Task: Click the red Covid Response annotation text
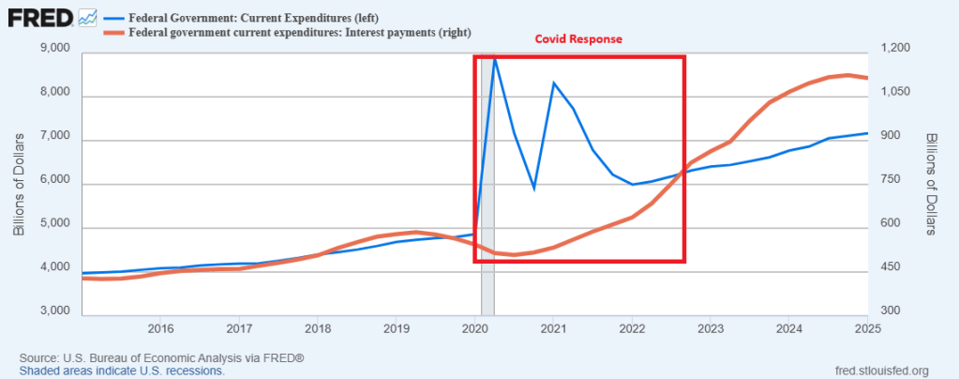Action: (578, 40)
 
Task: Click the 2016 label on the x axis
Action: (160, 328)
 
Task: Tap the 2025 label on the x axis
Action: (866, 328)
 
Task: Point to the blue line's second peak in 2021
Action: (554, 83)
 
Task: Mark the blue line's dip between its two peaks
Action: (533, 189)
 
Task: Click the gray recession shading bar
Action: (487, 188)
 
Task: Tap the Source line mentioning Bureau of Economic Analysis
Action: (161, 358)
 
